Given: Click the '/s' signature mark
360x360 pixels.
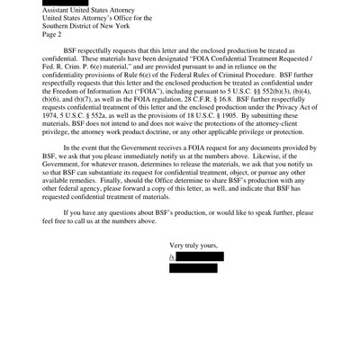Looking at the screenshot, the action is click(x=173, y=256).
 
